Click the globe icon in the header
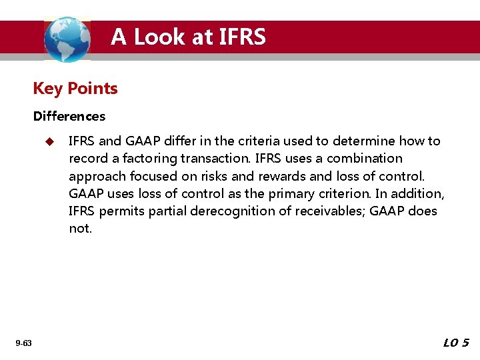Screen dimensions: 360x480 pyautogui.click(x=67, y=39)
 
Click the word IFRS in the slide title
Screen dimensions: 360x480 pyautogui.click(x=241, y=37)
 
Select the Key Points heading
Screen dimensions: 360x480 pyautogui.click(x=75, y=89)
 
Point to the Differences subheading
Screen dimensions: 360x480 pyautogui.click(x=69, y=117)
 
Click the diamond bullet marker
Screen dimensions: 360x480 pyautogui.click(x=48, y=141)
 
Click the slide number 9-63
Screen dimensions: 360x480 pyautogui.click(x=23, y=343)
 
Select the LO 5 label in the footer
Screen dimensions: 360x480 pyautogui.click(x=456, y=343)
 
